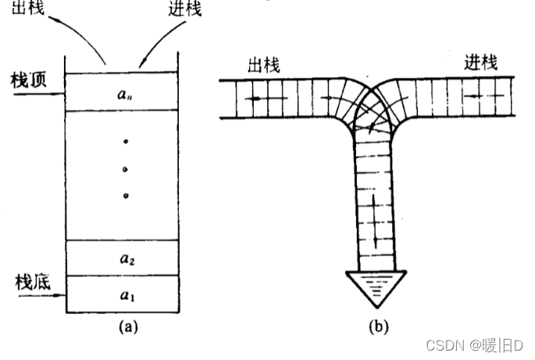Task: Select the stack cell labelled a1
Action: click(124, 294)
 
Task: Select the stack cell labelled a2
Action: click(124, 257)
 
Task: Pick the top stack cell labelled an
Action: click(124, 92)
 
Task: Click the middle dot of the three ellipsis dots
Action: click(125, 169)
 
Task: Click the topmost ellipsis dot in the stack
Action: click(125, 142)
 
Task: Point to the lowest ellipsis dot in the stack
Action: click(125, 195)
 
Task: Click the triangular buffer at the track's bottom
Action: click(376, 288)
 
